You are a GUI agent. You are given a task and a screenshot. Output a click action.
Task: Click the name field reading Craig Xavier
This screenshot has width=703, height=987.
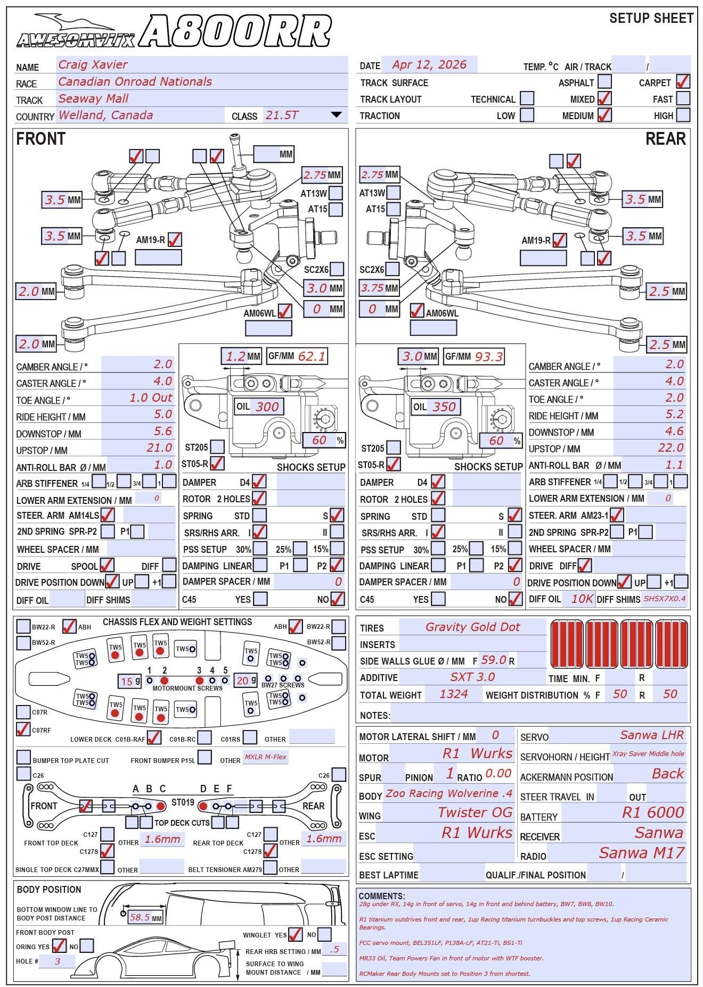pos(93,65)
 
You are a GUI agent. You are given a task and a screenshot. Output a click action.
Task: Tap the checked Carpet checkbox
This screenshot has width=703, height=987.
pos(683,82)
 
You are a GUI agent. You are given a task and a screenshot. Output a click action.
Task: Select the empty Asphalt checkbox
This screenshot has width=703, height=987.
pos(604,82)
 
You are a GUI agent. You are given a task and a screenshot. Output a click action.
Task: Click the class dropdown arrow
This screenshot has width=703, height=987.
pos(336,115)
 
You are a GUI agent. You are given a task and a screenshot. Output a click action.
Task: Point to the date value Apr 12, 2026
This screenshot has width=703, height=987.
pos(429,65)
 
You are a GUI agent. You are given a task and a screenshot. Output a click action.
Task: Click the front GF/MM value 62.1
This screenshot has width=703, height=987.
pos(312,356)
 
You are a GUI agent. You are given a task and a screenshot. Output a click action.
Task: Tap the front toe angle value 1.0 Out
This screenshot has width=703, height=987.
pos(151,398)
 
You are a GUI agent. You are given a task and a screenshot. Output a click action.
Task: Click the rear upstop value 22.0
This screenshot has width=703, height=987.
pos(671,448)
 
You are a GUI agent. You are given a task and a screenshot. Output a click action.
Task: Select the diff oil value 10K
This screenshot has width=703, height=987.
pos(582,599)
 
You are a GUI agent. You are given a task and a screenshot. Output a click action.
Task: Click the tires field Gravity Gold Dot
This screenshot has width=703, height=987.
pos(472,627)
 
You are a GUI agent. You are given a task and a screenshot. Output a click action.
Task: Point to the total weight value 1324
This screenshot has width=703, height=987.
pos(454,694)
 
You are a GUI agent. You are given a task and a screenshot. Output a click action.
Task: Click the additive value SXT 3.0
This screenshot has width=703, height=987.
pos(472,677)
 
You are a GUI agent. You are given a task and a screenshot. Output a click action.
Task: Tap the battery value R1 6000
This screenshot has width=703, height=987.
pos(653,812)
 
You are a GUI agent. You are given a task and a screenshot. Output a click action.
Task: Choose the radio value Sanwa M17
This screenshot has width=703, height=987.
pos(641,853)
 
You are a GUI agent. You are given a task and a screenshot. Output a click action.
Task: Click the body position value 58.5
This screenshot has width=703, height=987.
pos(140,917)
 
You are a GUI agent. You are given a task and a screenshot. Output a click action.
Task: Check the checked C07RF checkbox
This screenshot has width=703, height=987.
pos(23,729)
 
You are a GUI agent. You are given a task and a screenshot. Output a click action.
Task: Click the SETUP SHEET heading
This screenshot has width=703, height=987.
pos(651,19)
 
